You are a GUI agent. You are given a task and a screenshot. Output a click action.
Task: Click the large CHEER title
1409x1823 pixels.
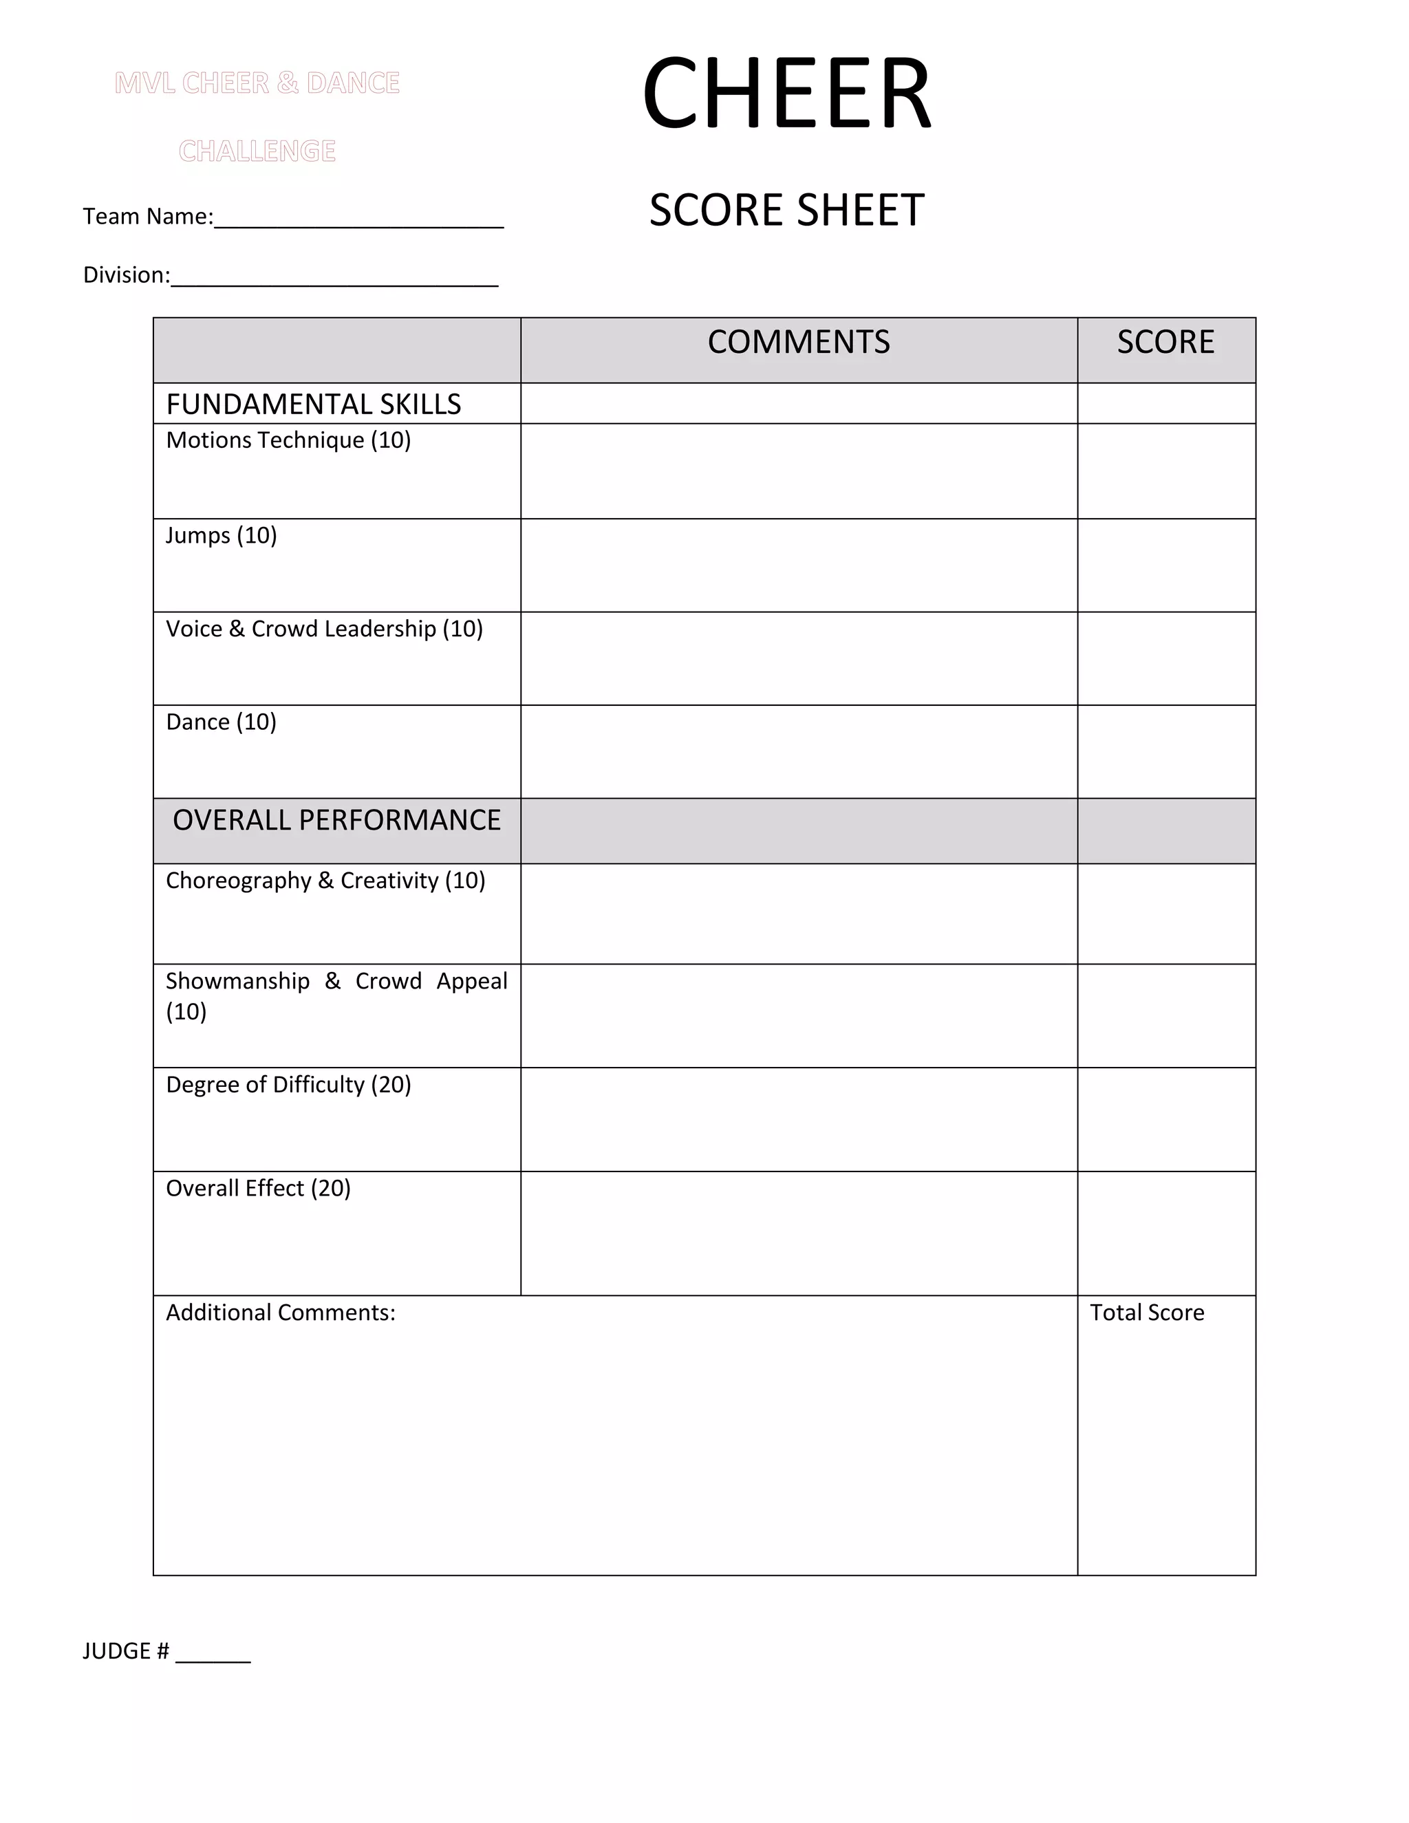[x=786, y=94]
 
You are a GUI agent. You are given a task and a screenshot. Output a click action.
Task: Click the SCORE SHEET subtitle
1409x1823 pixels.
[x=786, y=210]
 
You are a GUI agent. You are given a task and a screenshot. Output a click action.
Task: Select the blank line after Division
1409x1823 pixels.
[x=334, y=279]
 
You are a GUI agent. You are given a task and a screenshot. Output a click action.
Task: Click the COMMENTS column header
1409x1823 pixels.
[x=799, y=342]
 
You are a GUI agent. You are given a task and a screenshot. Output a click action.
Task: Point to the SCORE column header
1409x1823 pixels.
[x=1165, y=342]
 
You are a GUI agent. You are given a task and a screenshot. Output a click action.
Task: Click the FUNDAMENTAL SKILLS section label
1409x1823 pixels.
[x=313, y=404]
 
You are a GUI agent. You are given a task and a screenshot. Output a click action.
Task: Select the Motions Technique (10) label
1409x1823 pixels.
[x=288, y=440]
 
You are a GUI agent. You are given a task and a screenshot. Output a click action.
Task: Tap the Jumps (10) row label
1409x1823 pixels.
[x=222, y=535]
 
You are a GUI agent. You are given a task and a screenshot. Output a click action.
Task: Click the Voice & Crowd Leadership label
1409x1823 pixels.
[x=324, y=629]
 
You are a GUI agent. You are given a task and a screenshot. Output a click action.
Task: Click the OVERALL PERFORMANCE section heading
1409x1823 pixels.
[x=336, y=820]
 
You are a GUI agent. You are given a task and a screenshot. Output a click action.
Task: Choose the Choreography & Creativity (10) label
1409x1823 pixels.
[x=325, y=881]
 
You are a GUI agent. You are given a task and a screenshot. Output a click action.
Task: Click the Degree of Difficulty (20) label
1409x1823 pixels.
[x=288, y=1084]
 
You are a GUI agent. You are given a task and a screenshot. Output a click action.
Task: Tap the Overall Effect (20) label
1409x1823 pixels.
[x=258, y=1188]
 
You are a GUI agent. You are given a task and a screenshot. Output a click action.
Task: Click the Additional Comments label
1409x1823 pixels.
[x=281, y=1312]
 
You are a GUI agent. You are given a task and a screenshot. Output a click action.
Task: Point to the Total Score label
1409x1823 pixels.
[x=1147, y=1312]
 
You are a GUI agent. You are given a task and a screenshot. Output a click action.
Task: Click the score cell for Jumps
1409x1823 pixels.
[x=1166, y=565]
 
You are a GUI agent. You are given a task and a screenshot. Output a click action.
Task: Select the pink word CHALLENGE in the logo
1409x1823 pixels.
[x=257, y=151]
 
